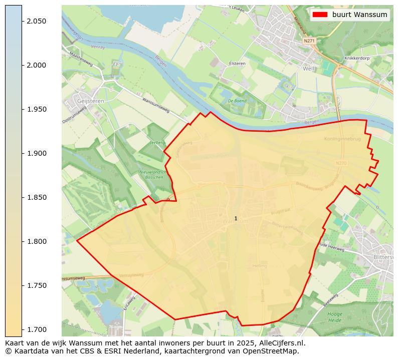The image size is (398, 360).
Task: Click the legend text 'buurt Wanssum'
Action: pyautogui.click(x=359, y=15)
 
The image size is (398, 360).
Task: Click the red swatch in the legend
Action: pyautogui.click(x=319, y=15)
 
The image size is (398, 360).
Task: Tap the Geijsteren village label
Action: pyautogui.click(x=90, y=100)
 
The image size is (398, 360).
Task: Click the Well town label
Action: pyautogui.click(x=308, y=68)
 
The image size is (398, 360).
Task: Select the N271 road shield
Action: pyautogui.click(x=309, y=41)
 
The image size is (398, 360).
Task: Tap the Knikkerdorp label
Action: pyautogui.click(x=356, y=58)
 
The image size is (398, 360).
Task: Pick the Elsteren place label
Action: pyautogui.click(x=237, y=64)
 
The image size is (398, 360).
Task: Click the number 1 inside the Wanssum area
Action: pyautogui.click(x=236, y=218)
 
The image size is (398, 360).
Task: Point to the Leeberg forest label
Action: pyautogui.click(x=157, y=143)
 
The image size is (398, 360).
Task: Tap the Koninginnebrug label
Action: pyautogui.click(x=343, y=139)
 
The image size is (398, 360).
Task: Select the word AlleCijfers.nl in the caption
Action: pyautogui.click(x=281, y=343)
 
